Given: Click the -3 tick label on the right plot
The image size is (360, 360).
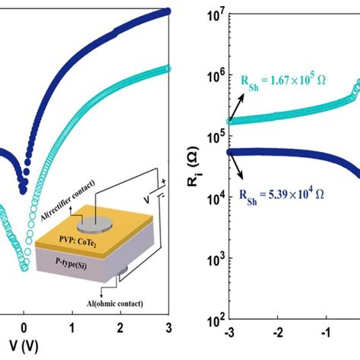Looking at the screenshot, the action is click(229, 333).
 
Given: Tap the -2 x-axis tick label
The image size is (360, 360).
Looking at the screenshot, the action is click(278, 333).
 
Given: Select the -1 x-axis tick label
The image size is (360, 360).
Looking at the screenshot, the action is click(326, 333).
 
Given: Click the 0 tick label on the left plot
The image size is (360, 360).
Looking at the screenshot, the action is click(24, 328).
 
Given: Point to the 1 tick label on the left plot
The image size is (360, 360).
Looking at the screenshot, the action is click(72, 328).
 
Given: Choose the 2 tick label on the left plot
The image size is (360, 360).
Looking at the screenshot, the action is click(121, 328).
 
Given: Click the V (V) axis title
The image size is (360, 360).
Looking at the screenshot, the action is click(24, 346).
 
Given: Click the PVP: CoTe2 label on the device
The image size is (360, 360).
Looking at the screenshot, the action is click(77, 242).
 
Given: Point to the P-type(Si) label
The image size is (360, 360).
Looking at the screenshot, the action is click(71, 264).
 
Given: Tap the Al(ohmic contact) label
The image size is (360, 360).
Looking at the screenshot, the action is click(115, 303).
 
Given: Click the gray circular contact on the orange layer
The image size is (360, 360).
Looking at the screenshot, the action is click(95, 225).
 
